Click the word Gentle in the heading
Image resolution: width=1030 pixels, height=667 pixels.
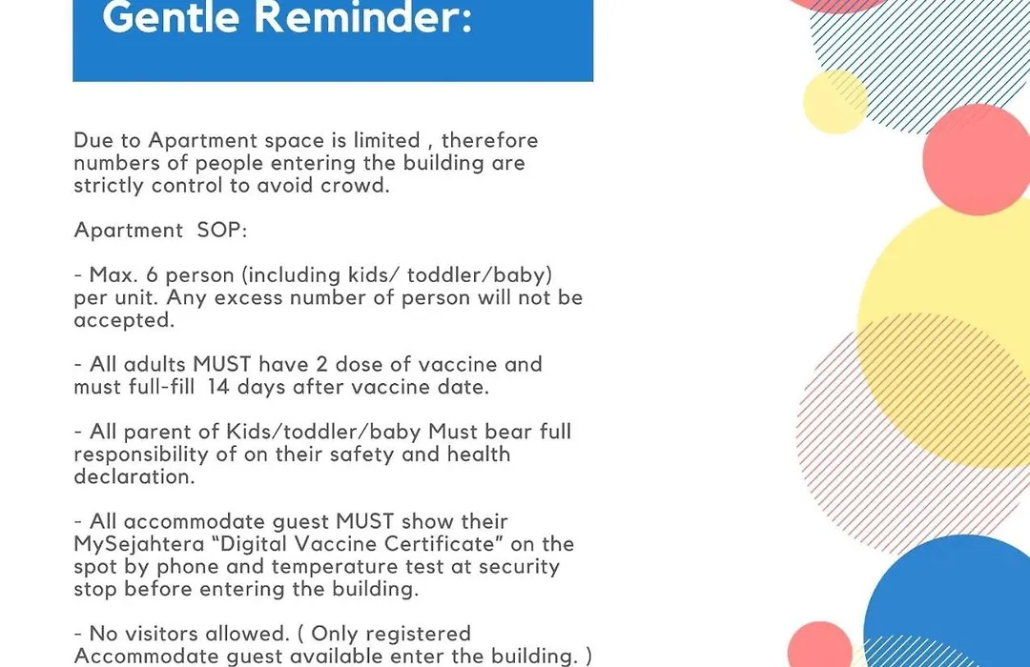(x=171, y=16)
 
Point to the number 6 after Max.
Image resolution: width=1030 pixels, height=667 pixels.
(x=152, y=275)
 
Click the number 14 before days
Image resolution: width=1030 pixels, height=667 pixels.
(x=218, y=387)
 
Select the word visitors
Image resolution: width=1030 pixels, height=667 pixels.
(x=161, y=634)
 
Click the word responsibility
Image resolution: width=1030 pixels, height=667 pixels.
(x=140, y=455)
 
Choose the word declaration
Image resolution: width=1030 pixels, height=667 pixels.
(x=134, y=476)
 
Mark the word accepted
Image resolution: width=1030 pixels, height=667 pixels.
(x=124, y=321)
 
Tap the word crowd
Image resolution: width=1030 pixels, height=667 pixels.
(x=355, y=186)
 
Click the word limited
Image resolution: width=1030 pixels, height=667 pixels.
(x=387, y=140)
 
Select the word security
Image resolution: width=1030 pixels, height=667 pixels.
(x=519, y=567)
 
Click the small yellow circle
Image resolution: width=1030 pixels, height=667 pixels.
(x=835, y=102)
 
